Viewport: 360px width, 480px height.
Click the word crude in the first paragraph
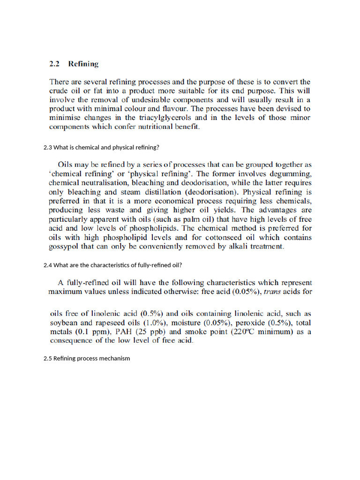(59, 90)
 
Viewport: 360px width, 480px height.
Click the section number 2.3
(48, 147)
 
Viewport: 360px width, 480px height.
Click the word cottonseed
(244, 237)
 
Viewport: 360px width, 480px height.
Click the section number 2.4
(48, 265)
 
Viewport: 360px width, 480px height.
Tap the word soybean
(63, 323)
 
